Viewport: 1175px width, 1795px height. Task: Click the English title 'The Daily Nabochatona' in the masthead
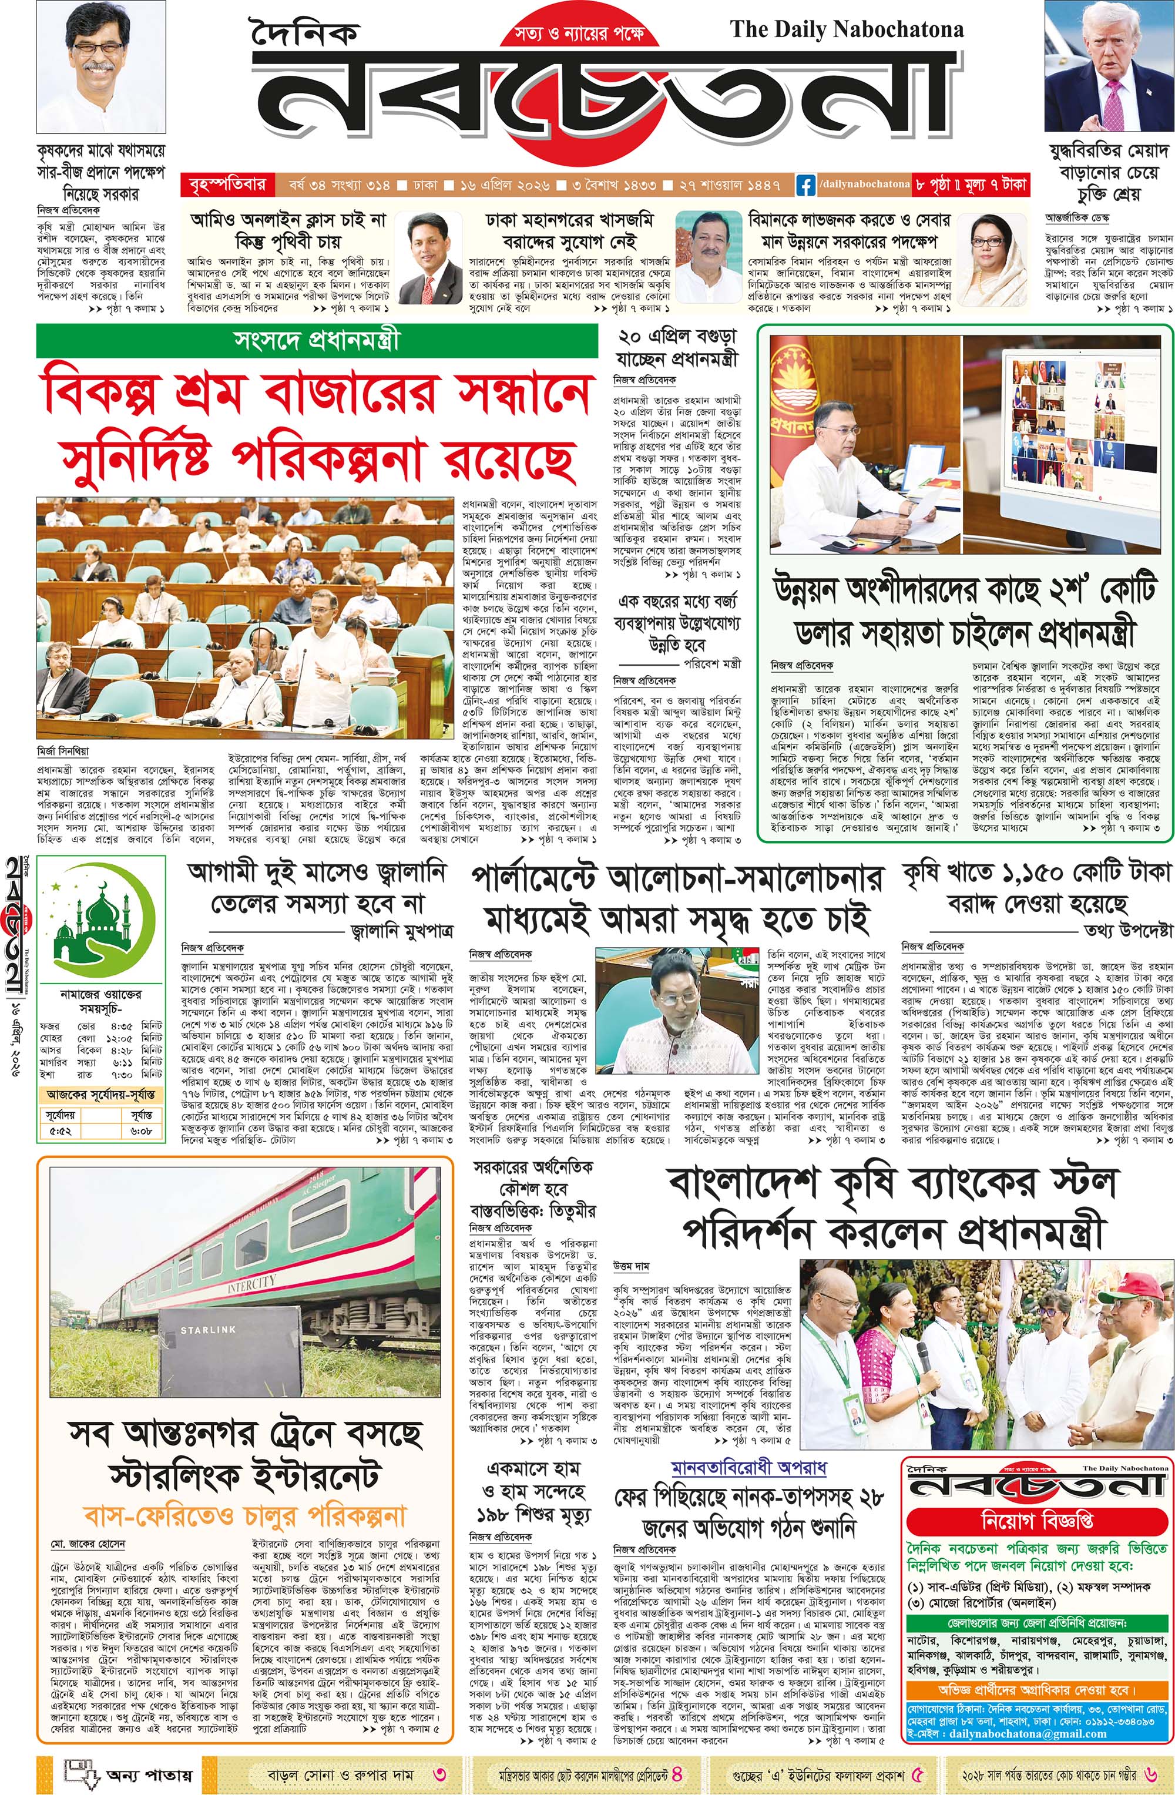point(846,30)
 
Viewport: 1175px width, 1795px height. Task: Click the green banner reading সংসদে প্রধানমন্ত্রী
point(317,341)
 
